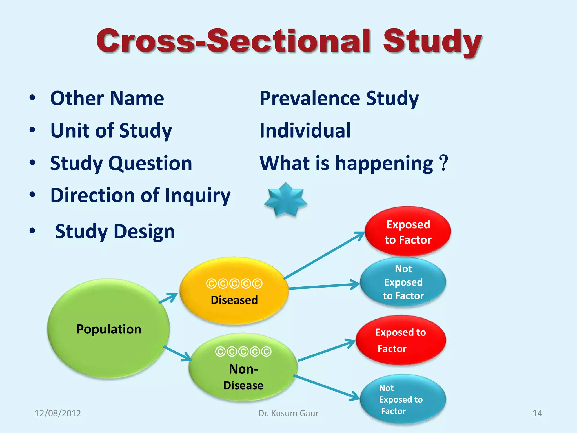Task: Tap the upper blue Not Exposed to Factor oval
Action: (403, 282)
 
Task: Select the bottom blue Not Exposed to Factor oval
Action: (403, 399)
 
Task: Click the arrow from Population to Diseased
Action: (168, 298)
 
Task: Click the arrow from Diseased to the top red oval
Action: (324, 255)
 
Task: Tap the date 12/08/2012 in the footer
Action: (58, 413)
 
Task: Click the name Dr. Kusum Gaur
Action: (288, 413)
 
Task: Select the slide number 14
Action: (537, 413)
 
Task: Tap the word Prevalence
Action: (310, 98)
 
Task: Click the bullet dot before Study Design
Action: (32, 231)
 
